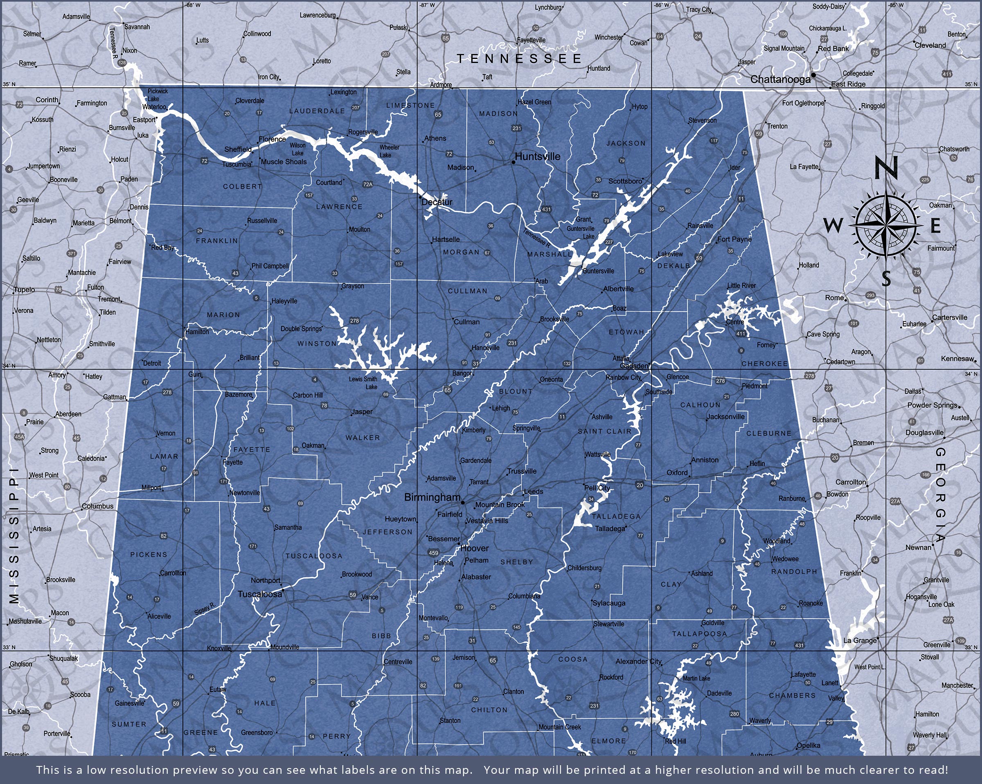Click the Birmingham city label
coord(432,498)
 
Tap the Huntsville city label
coord(538,156)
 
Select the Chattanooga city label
coord(780,79)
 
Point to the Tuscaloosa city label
coord(260,594)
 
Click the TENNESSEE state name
coord(519,59)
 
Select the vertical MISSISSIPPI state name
coord(14,535)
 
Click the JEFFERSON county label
coord(387,532)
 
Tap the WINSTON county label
coord(317,343)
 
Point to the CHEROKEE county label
coord(765,364)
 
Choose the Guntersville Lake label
coord(581,233)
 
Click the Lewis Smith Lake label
coord(363,383)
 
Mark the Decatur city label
coord(437,202)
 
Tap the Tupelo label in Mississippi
coord(24,290)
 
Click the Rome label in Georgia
coord(834,298)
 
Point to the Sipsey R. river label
coord(204,609)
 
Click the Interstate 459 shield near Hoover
coord(433,553)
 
